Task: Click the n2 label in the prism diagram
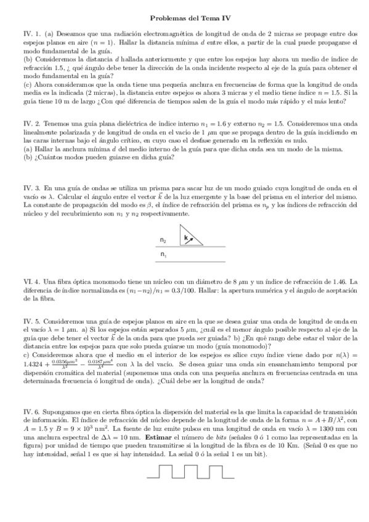point(163,239)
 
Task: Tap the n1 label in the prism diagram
point(163,254)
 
